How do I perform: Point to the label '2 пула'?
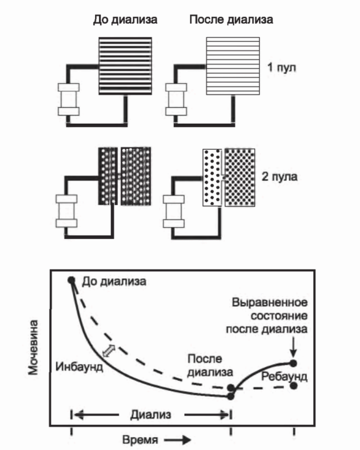284,176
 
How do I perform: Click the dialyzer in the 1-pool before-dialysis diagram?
68,99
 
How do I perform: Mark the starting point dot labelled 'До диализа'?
72,280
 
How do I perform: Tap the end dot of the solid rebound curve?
293,363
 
